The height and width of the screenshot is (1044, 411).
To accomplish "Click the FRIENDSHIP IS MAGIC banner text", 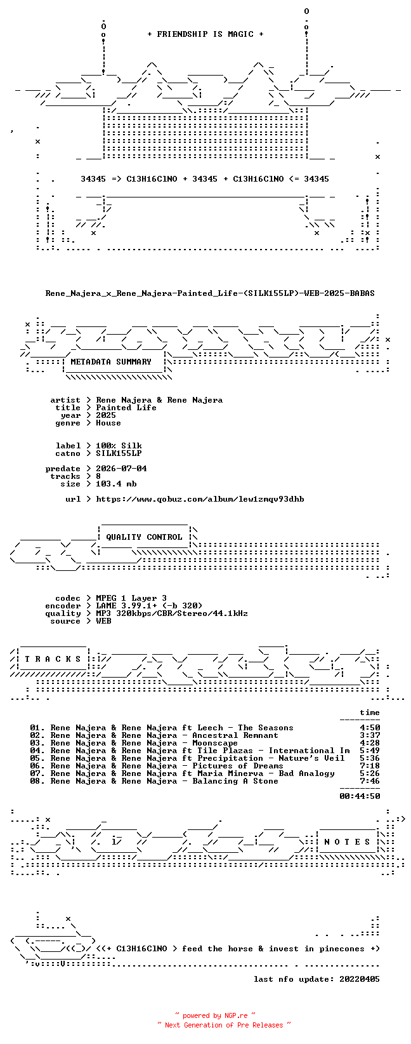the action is [x=205, y=34].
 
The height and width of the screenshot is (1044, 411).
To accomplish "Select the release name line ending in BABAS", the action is [x=210, y=293].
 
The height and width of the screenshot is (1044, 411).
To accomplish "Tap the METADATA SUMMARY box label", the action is [x=111, y=362].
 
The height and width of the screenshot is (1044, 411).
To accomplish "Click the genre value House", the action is [x=108, y=423].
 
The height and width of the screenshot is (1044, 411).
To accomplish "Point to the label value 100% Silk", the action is [x=119, y=446].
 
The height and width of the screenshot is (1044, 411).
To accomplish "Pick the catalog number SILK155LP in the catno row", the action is [x=119, y=453].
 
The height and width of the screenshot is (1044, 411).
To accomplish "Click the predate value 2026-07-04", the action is [x=121, y=469].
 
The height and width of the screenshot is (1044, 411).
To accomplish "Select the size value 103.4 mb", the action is [x=116, y=484].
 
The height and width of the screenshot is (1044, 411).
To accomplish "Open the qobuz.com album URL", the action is [x=200, y=499].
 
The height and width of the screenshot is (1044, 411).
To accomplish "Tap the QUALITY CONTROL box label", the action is [x=144, y=537].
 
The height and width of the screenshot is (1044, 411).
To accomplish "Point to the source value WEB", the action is [x=103, y=621].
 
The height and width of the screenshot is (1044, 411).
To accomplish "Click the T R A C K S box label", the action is [x=53, y=659].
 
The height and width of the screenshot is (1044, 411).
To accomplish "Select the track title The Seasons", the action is [x=266, y=728].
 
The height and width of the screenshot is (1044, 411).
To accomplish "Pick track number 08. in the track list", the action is [x=37, y=781].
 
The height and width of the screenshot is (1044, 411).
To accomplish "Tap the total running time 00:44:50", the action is [x=360, y=796].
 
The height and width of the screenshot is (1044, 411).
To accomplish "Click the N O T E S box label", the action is [x=347, y=841].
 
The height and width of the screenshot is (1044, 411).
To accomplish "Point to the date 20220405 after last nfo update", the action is [x=360, y=979].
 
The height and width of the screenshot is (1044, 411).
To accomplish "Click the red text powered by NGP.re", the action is [x=215, y=1015].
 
